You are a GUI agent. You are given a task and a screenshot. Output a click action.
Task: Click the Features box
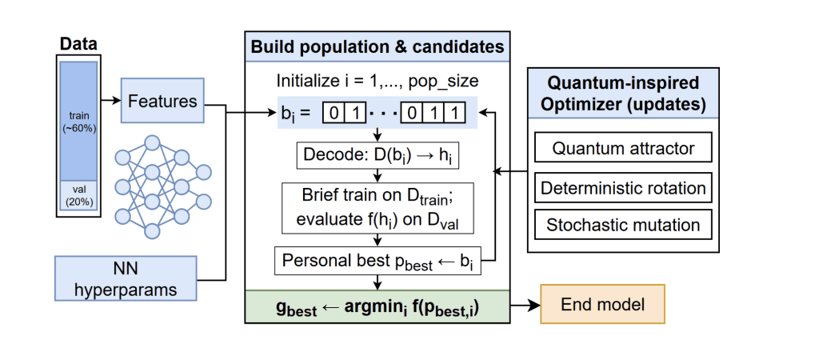pyautogui.click(x=162, y=102)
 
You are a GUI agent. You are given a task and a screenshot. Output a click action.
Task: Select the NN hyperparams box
pyautogui.click(x=127, y=279)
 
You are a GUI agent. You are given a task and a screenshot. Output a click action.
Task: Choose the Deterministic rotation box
pyautogui.click(x=624, y=188)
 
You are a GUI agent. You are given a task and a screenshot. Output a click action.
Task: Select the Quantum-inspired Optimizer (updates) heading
pyautogui.click(x=624, y=93)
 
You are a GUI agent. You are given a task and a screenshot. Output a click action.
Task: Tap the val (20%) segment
pyautogui.click(x=80, y=196)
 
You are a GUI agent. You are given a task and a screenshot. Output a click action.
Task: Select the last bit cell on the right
pyautogui.click(x=455, y=113)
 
